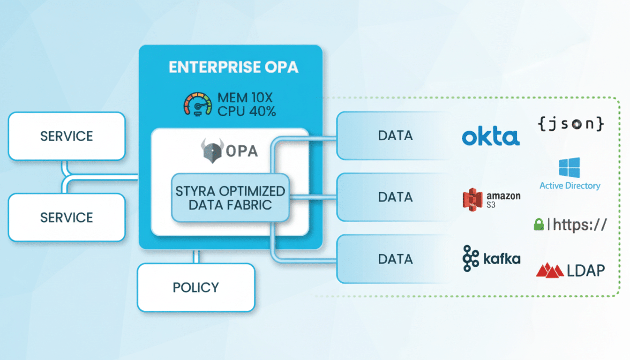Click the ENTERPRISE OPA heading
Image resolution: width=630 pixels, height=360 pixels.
[x=233, y=67]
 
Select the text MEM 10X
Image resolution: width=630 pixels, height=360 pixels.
[x=246, y=98]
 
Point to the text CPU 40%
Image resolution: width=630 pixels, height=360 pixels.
[x=247, y=111]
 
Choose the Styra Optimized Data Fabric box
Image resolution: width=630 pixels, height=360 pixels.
[x=230, y=197]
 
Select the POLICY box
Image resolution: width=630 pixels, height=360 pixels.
[x=196, y=287]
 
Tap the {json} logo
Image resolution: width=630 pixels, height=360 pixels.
[x=570, y=124]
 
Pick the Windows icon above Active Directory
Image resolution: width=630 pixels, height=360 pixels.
[x=569, y=168]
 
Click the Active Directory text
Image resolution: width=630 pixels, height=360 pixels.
[x=570, y=186]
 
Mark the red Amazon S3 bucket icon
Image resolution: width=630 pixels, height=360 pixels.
[x=472, y=199]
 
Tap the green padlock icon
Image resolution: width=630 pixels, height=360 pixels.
[x=539, y=225]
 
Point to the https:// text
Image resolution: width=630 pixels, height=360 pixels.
[x=579, y=225]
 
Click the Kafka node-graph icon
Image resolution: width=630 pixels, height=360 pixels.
[x=471, y=258]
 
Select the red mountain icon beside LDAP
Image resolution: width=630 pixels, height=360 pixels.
[x=549, y=270]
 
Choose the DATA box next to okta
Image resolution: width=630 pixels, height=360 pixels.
[x=395, y=135]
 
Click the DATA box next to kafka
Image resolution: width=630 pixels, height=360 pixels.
[x=395, y=259]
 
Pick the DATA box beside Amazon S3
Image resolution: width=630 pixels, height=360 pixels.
[x=395, y=197]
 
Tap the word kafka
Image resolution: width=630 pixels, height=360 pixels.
[x=501, y=258]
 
